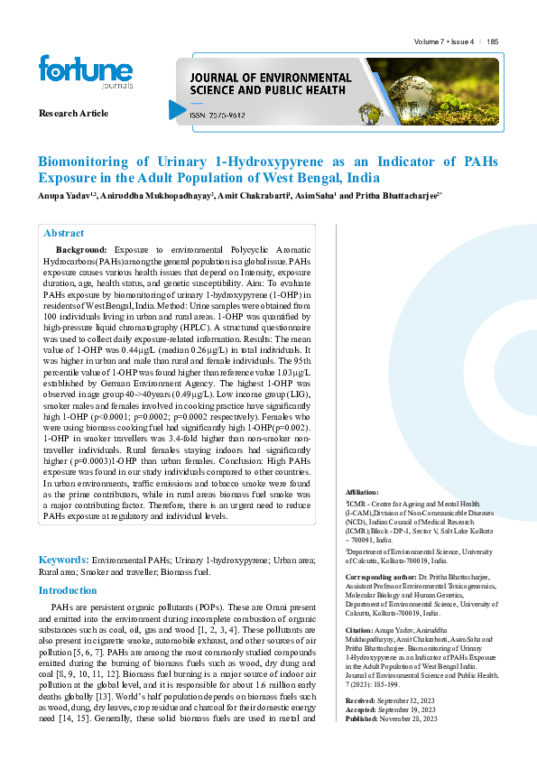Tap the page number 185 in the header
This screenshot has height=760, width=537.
[493, 42]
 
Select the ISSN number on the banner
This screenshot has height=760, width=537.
[216, 115]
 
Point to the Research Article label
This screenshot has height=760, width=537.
[73, 114]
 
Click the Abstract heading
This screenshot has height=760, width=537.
[64, 233]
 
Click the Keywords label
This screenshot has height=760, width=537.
[62, 560]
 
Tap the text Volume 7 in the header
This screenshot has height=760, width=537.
[430, 42]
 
